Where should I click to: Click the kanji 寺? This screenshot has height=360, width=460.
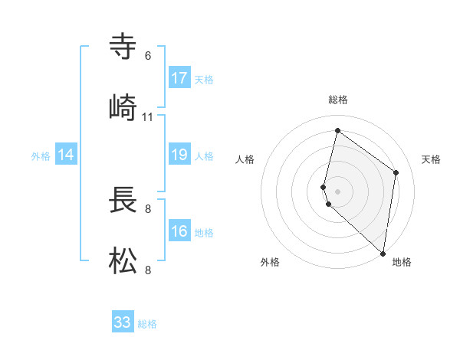(123, 47)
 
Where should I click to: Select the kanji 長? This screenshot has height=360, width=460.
(123, 200)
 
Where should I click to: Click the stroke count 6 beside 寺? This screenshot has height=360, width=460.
(148, 56)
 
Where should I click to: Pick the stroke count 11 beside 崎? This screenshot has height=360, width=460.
(148, 116)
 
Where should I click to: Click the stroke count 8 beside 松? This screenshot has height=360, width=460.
(148, 270)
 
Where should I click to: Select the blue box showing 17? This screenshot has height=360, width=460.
(179, 78)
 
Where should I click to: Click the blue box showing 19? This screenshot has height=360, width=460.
(179, 155)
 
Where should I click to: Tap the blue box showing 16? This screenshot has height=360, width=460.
(179, 231)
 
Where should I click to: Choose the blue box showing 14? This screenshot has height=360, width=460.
(66, 155)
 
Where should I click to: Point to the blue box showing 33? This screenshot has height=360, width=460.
(123, 322)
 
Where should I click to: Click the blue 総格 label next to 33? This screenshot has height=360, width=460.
(147, 324)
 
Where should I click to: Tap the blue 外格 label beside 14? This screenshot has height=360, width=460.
(41, 155)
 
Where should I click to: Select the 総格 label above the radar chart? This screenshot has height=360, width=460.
(338, 100)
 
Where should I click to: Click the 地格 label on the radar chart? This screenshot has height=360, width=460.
(402, 263)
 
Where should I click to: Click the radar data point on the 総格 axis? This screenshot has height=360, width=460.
(337, 131)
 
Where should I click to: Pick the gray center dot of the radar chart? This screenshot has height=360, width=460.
(338, 191)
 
